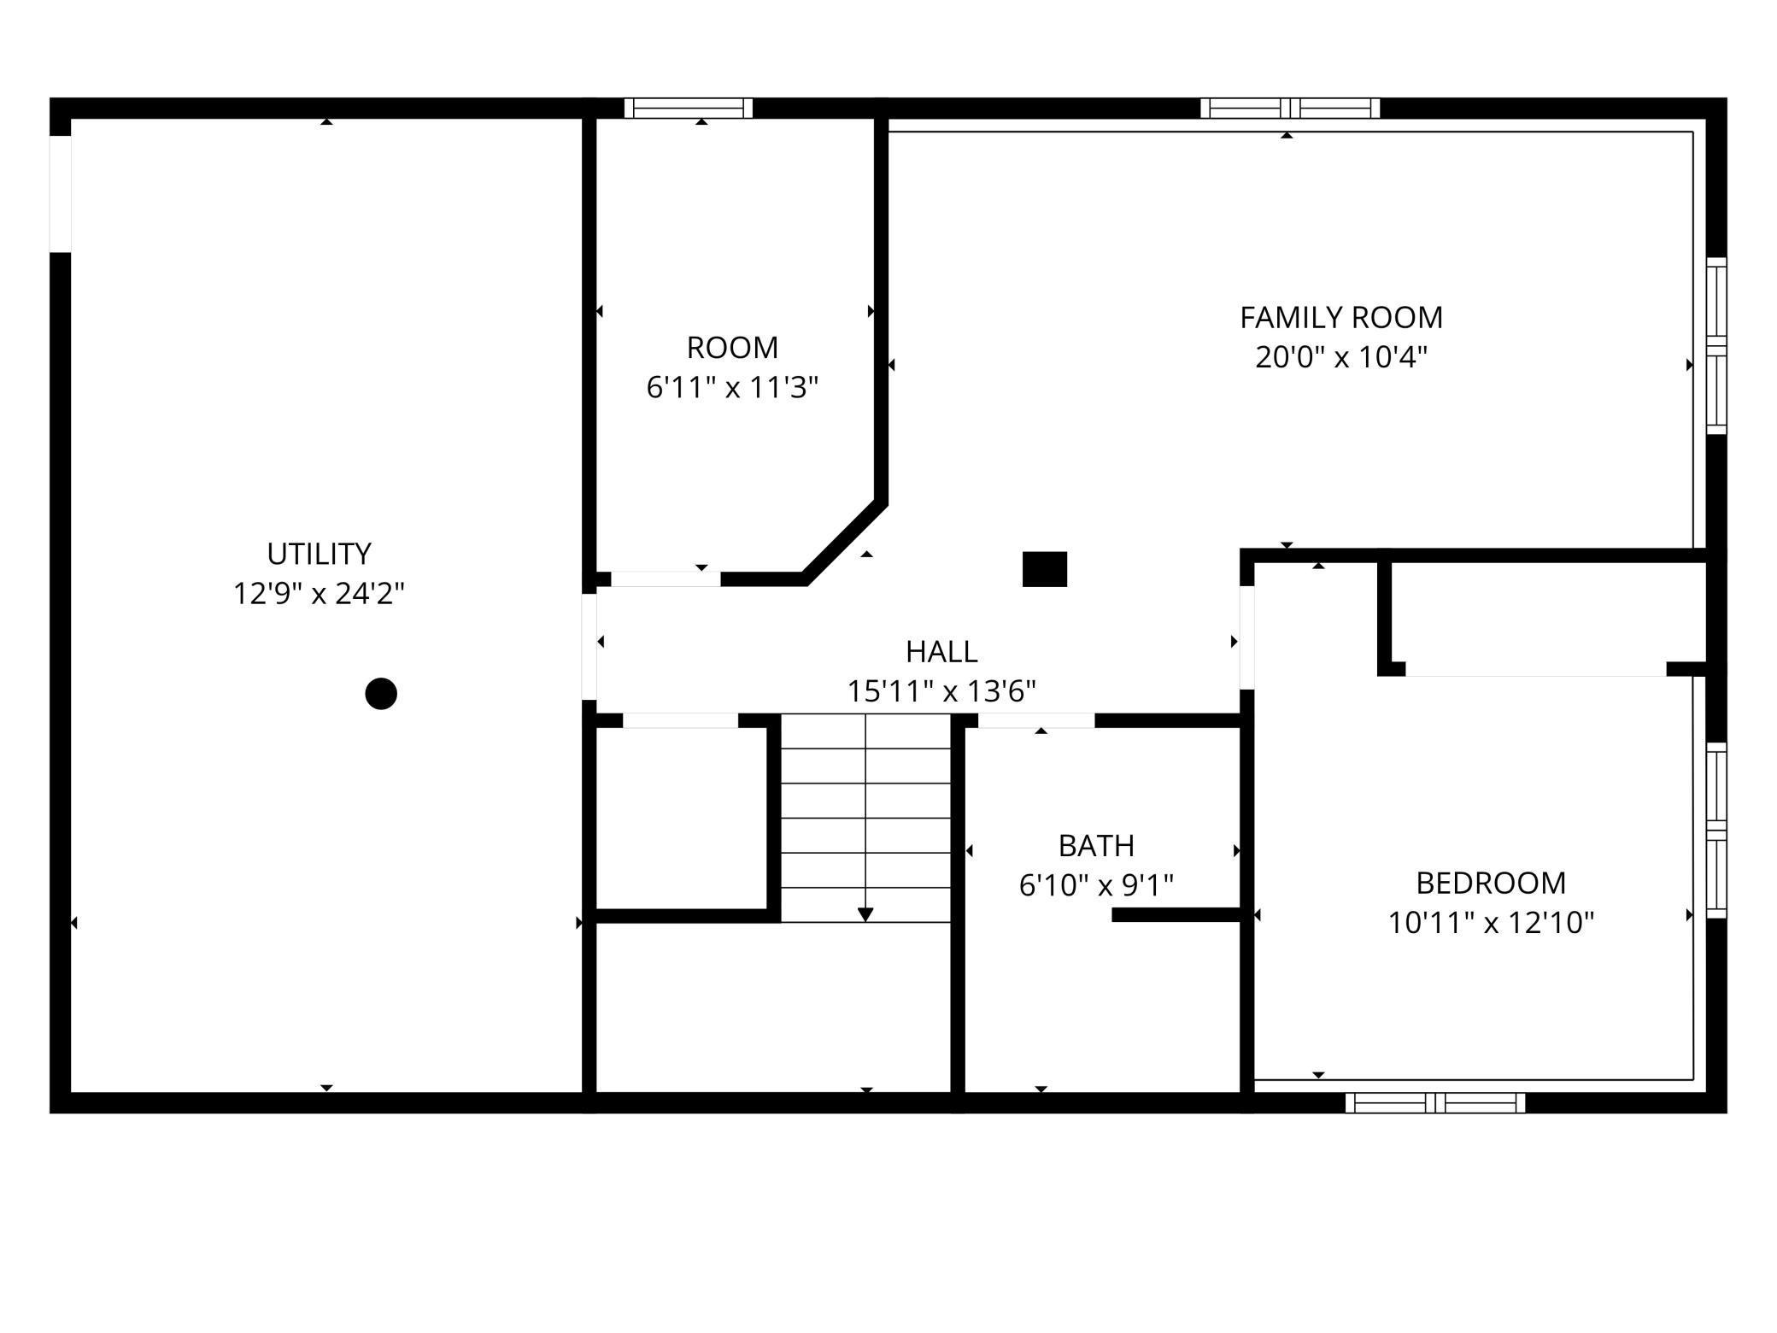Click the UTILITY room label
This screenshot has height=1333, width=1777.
click(319, 554)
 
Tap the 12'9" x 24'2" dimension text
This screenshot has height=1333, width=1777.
click(319, 593)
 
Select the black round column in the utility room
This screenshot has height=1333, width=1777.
click(381, 693)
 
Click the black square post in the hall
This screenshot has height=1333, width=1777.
click(1044, 569)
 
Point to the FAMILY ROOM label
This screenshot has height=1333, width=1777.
click(1340, 318)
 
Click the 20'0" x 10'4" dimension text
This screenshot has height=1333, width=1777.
click(1340, 357)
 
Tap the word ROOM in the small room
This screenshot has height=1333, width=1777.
click(732, 348)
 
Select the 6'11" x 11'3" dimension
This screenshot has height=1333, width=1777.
click(732, 388)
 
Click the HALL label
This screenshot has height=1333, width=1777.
click(941, 652)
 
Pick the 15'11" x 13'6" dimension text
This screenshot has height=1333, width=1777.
click(941, 691)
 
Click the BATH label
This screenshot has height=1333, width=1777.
click(1096, 846)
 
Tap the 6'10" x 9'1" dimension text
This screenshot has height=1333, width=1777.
click(1096, 885)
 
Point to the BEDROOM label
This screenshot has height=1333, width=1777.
click(1490, 883)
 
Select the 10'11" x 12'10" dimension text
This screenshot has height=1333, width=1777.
click(1490, 923)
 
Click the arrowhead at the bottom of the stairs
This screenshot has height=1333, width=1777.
click(865, 914)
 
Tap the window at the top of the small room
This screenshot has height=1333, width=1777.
click(688, 108)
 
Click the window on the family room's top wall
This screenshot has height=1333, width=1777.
click(1289, 108)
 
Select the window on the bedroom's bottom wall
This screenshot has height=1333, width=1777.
click(1434, 1102)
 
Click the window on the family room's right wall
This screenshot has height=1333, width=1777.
click(1715, 345)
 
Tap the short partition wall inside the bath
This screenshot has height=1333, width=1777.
click(1176, 914)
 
